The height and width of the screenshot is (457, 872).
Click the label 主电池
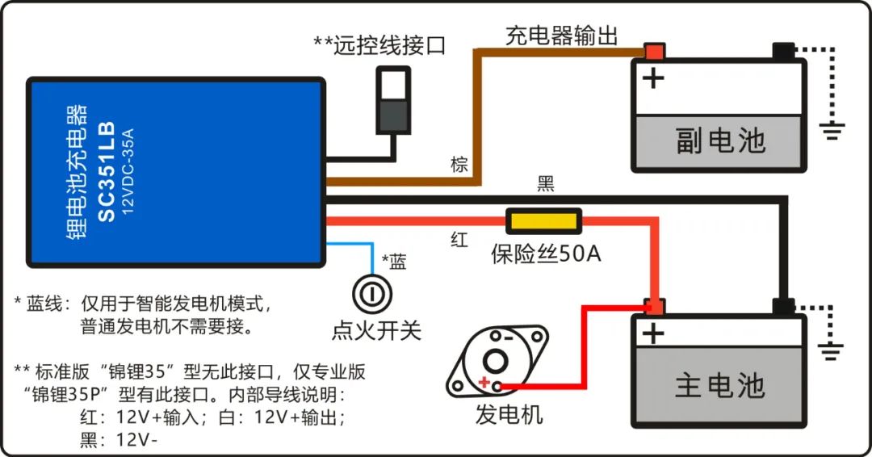point(719,385)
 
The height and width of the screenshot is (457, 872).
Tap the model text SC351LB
point(107,173)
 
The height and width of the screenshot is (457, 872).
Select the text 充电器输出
point(562,36)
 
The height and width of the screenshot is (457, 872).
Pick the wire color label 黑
point(546,184)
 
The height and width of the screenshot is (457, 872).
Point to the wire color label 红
point(459,239)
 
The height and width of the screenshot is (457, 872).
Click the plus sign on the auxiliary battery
point(652,78)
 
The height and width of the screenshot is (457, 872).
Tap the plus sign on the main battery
point(652,333)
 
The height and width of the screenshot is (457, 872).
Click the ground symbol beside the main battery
point(832,350)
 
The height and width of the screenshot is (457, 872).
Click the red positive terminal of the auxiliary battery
point(653,52)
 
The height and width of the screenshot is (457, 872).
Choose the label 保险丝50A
point(546,255)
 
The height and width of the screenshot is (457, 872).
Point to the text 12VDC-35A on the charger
point(128,173)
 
